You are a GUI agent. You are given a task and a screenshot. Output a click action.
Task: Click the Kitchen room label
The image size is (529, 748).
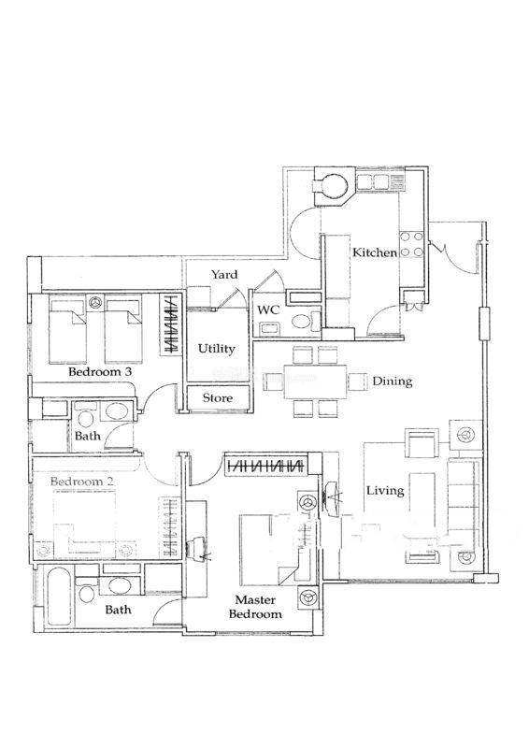click(375, 252)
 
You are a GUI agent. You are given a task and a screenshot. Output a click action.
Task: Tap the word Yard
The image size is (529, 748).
click(224, 274)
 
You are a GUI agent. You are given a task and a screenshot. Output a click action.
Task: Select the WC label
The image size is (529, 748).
click(268, 309)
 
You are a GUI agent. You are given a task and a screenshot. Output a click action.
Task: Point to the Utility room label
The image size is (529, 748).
click(217, 348)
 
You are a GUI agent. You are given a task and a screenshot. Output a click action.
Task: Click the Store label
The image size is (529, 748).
click(218, 398)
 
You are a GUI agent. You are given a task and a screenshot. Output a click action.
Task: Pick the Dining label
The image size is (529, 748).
click(393, 381)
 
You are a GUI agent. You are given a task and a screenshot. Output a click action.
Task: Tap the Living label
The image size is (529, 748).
click(385, 490)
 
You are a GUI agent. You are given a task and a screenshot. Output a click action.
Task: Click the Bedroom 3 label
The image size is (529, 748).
click(100, 371)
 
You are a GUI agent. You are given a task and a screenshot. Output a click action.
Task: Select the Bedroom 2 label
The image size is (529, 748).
click(82, 482)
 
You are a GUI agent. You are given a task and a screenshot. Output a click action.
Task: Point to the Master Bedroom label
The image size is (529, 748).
click(255, 606)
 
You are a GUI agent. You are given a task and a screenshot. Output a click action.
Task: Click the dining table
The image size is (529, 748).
click(315, 382)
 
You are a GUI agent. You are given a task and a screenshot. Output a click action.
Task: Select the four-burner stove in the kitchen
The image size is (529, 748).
click(412, 244)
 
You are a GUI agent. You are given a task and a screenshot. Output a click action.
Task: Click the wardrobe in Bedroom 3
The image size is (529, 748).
click(170, 324)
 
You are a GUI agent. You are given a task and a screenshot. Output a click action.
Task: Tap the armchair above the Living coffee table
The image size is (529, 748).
click(422, 442)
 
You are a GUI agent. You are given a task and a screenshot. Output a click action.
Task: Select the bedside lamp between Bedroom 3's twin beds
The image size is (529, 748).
click(96, 301)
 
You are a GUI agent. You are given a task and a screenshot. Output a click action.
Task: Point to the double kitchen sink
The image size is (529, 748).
click(374, 181)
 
